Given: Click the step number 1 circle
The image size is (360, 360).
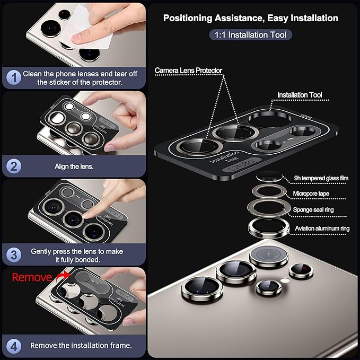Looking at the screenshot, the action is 14,77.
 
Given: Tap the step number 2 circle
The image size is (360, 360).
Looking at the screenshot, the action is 14,166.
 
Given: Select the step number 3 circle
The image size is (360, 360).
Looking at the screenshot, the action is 14,255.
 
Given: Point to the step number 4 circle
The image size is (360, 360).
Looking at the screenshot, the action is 14,346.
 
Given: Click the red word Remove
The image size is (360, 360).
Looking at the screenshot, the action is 32,277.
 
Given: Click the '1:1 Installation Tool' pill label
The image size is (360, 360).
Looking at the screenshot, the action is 250,35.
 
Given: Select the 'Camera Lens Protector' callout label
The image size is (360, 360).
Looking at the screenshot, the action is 188,71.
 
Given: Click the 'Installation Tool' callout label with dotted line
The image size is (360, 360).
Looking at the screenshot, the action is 300,95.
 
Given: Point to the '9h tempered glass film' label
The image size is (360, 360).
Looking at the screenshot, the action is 321,178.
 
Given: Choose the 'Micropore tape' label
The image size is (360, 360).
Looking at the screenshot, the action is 311,194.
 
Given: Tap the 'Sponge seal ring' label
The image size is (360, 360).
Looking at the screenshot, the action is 313,209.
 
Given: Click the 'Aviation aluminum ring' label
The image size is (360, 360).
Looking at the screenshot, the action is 322,229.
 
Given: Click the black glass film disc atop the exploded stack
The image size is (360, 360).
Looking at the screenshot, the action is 269,177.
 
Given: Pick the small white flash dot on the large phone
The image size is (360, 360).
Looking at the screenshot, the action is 285,280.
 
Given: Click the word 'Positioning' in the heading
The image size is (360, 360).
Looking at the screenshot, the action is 188,18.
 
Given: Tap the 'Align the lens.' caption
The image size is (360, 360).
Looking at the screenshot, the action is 74,166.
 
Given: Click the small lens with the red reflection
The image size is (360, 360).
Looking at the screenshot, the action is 301,270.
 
